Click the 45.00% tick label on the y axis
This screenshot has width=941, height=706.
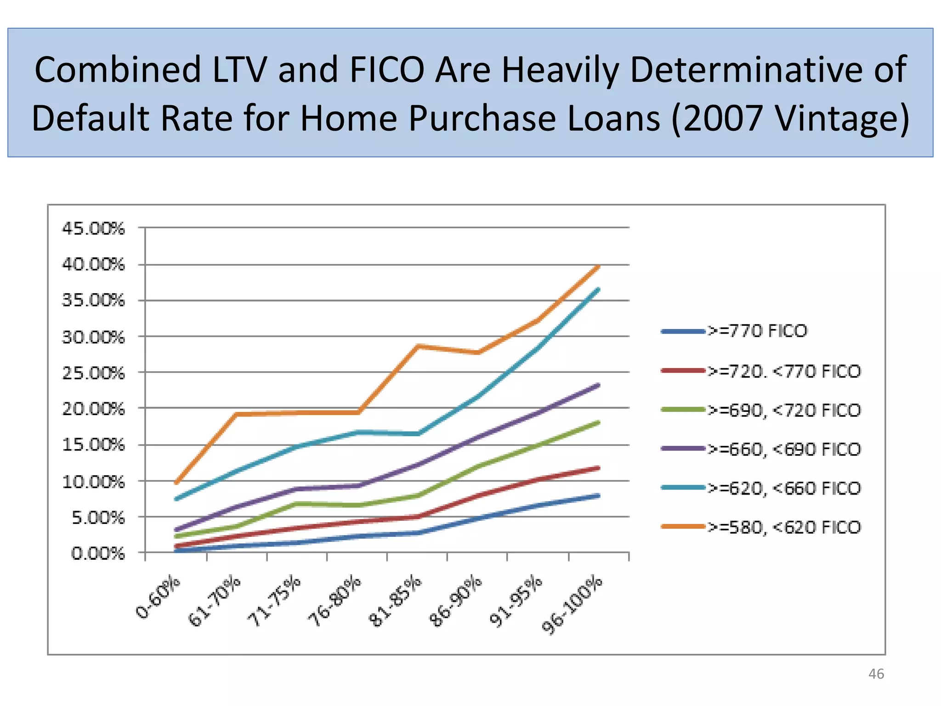click(93, 228)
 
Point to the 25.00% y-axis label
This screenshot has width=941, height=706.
click(93, 373)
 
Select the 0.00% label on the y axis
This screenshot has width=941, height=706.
click(98, 553)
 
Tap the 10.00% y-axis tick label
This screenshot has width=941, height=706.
click(93, 482)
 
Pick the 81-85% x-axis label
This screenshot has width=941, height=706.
click(396, 601)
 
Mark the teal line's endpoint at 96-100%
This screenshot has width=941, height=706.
click(598, 289)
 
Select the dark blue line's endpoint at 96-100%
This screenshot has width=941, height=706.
click(598, 495)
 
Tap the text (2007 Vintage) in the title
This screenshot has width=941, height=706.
click(790, 118)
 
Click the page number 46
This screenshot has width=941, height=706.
click(876, 674)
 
